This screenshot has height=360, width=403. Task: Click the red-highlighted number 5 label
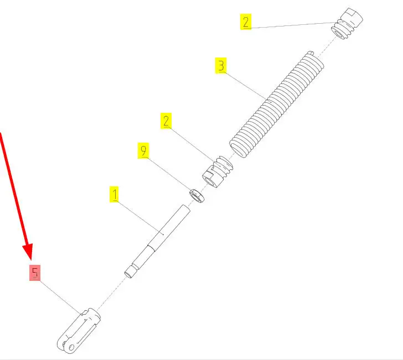pyautogui.click(x=35, y=273)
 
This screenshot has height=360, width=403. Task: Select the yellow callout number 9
pyautogui.click(x=143, y=150)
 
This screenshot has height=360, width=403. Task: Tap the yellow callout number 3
pyautogui.click(x=221, y=65)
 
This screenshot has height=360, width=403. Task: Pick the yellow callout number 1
pyautogui.click(x=115, y=194)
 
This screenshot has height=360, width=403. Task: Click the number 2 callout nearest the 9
pyautogui.click(x=166, y=121)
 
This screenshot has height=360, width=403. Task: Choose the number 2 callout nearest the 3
pyautogui.click(x=246, y=22)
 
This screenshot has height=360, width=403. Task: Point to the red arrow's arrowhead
pyautogui.click(x=28, y=252)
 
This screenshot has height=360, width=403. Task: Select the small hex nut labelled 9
pyautogui.click(x=197, y=195)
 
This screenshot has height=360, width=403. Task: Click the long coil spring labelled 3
pyautogui.click(x=277, y=105)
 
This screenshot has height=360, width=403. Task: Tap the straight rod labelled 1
pyautogui.click(x=157, y=241)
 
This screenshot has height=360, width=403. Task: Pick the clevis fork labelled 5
pyautogui.click(x=79, y=331)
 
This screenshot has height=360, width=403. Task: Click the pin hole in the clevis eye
pyautogui.click(x=71, y=347)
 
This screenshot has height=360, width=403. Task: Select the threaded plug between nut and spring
pyautogui.click(x=218, y=172)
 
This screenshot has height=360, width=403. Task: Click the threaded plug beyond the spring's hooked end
pyautogui.click(x=347, y=24)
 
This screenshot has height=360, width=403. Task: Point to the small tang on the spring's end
pyautogui.click(x=311, y=53)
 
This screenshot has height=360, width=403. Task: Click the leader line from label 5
pyautogui.click(x=60, y=297)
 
